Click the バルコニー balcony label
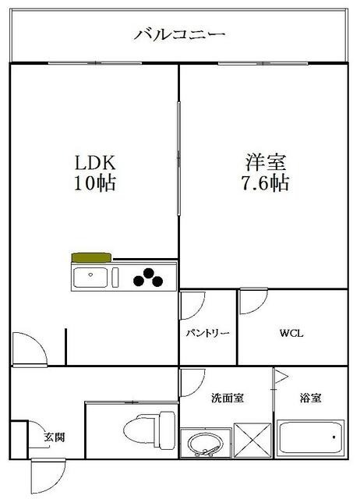[x=179, y=34]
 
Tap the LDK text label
[x=94, y=164]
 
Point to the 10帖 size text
[x=94, y=185]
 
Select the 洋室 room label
[x=266, y=164]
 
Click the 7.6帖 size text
[x=266, y=185]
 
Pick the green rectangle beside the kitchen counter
[x=91, y=257]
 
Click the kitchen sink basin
[x=93, y=276]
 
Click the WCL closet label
[x=291, y=334]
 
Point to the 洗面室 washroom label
[x=228, y=398]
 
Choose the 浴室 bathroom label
[x=311, y=398]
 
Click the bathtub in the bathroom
[x=310, y=443]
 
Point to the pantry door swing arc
[x=192, y=304]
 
